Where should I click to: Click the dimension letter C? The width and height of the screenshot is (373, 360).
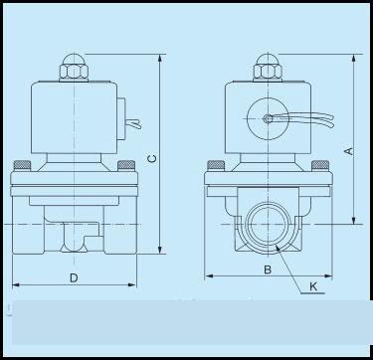(x=152, y=159)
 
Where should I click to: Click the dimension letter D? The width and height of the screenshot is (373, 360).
(x=74, y=277)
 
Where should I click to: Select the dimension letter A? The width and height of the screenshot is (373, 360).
(x=349, y=151)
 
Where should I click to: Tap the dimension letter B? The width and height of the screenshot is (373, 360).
(x=268, y=270)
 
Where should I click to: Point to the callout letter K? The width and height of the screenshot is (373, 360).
(x=313, y=286)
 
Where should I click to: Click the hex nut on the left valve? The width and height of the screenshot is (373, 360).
(x=74, y=72)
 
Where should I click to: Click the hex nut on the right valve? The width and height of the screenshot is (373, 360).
(x=268, y=72)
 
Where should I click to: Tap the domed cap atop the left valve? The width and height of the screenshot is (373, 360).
(x=74, y=59)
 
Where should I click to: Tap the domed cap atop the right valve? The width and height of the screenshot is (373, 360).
(x=268, y=59)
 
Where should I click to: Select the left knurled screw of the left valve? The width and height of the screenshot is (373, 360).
(x=22, y=165)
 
